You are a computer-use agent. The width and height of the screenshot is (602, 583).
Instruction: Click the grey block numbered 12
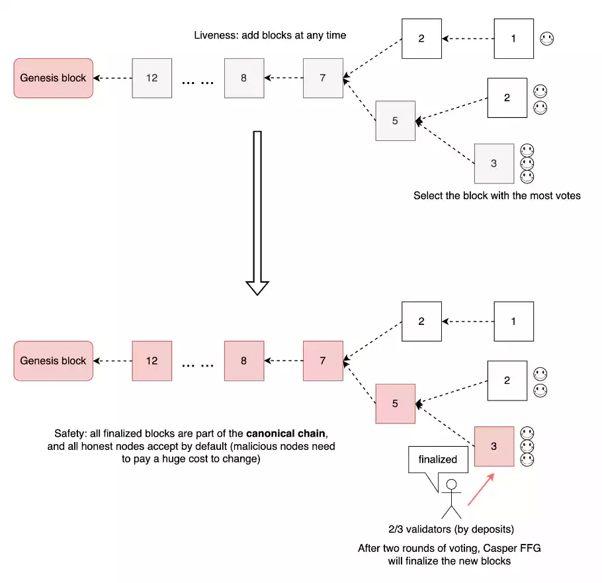pos(151,78)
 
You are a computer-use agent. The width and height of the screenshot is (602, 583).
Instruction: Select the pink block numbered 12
pos(151,361)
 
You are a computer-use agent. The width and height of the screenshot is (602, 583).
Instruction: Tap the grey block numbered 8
pos(243,78)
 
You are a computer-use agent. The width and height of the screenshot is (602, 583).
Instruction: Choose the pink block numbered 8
pos(243,361)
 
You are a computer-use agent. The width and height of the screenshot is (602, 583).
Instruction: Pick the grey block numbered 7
pos(323,78)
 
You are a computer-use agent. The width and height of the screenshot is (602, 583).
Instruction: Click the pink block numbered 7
pos(323,361)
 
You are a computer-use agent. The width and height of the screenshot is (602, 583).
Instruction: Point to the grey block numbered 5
pos(395,120)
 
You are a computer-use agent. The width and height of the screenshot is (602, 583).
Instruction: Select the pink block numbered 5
pos(395,403)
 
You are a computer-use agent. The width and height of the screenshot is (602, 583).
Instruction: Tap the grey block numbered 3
pos(494,163)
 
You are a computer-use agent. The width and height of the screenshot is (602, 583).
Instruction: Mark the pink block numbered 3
pos(494,446)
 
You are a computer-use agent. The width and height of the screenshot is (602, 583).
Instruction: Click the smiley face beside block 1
pos(546,38)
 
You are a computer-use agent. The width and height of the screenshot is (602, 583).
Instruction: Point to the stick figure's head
pos(452,486)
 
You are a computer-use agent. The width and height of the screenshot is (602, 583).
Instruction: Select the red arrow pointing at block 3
pos(481,490)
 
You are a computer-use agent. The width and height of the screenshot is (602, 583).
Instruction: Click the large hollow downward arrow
pos(257,212)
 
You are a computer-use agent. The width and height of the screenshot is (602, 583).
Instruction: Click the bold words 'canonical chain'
pos(286,434)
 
